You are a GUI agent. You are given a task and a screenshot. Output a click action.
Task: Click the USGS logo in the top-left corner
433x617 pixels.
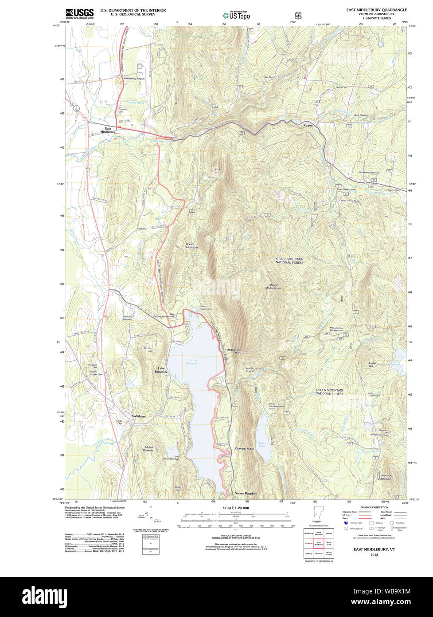[x=79, y=14]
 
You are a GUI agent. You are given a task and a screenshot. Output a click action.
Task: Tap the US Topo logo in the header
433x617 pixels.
[x=236, y=15]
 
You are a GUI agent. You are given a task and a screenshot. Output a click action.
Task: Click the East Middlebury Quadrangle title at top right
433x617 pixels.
[x=377, y=10]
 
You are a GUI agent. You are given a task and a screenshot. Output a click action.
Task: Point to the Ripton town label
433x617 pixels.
[x=308, y=126]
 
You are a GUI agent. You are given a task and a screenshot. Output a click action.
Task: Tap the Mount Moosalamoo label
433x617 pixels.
[x=273, y=286]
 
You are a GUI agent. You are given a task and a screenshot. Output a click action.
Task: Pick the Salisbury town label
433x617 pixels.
[x=139, y=416]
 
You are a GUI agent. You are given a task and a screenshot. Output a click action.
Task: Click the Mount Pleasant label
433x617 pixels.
[x=149, y=449]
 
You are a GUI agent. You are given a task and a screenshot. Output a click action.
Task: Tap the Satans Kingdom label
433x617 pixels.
[x=246, y=494]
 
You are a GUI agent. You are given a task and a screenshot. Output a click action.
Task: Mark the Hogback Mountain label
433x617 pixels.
[x=385, y=477]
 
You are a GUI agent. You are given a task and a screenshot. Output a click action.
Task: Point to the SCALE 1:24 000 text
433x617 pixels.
[x=236, y=508]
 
